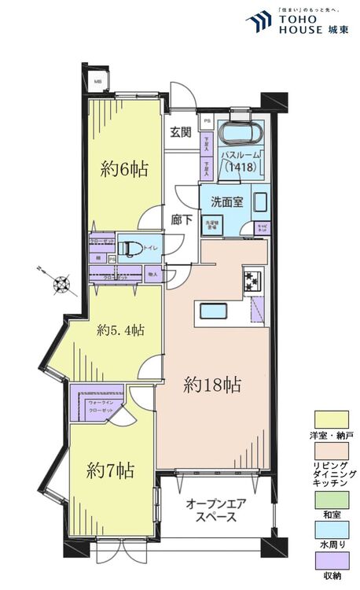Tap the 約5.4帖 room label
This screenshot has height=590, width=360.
click(x=120, y=330)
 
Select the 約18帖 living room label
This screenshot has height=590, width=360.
click(x=211, y=385)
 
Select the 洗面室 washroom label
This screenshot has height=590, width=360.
click(x=226, y=201)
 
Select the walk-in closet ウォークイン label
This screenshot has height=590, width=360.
click(x=101, y=402)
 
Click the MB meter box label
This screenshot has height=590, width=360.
click(x=98, y=82)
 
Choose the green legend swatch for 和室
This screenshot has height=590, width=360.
click(x=332, y=500)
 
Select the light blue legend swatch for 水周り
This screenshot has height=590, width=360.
click(x=332, y=530)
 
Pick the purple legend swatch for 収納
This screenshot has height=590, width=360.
click(x=332, y=560)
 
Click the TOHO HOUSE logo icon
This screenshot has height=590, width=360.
click(x=259, y=21)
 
